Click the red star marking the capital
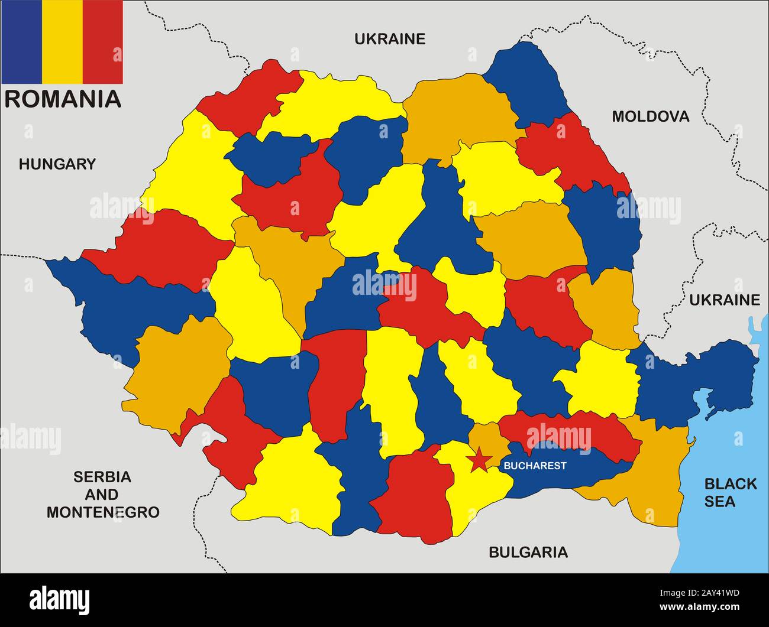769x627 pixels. (479, 459)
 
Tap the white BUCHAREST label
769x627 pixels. (535, 466)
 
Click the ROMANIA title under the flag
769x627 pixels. (63, 99)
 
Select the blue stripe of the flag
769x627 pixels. (21, 41)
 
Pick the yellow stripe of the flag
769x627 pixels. (62, 41)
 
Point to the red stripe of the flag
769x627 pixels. (102, 41)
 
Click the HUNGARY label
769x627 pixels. (57, 164)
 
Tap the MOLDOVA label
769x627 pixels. (650, 116)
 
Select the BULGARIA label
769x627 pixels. (528, 552)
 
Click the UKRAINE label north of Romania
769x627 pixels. (389, 39)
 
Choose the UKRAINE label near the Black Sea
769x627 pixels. (724, 300)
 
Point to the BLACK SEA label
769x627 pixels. (729, 492)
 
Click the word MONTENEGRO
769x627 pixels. (103, 512)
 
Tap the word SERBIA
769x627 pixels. (102, 476)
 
